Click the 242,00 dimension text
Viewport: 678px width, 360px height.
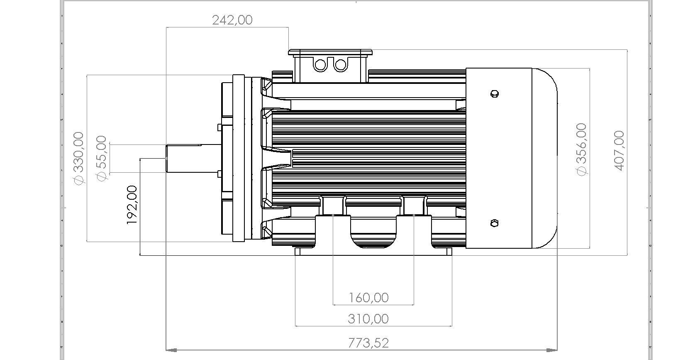click(232, 20)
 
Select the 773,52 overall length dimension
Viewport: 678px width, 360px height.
click(368, 343)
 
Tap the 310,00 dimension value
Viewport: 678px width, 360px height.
click(368, 319)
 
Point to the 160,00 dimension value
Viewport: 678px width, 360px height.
click(368, 297)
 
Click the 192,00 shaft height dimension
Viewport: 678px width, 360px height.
click(132, 205)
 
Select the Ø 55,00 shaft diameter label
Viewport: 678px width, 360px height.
click(101, 158)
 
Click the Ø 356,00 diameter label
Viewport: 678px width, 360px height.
click(582, 149)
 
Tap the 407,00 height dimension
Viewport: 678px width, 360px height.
click(618, 150)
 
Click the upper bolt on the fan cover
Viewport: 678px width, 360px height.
click(494, 93)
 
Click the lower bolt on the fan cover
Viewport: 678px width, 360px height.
click(494, 223)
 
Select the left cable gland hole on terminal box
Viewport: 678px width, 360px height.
click(320, 65)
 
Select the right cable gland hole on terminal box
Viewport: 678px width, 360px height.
click(340, 65)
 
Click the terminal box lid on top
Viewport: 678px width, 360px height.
click(330, 52)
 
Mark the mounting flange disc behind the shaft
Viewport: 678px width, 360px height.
click(239, 158)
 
